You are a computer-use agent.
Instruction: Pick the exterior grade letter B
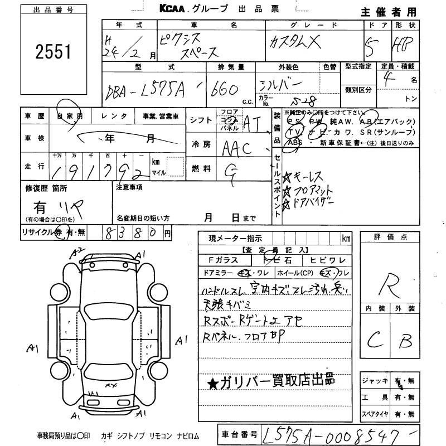click(x=405, y=338)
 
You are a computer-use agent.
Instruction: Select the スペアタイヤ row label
click(x=374, y=414)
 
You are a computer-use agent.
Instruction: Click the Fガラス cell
click(x=223, y=260)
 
